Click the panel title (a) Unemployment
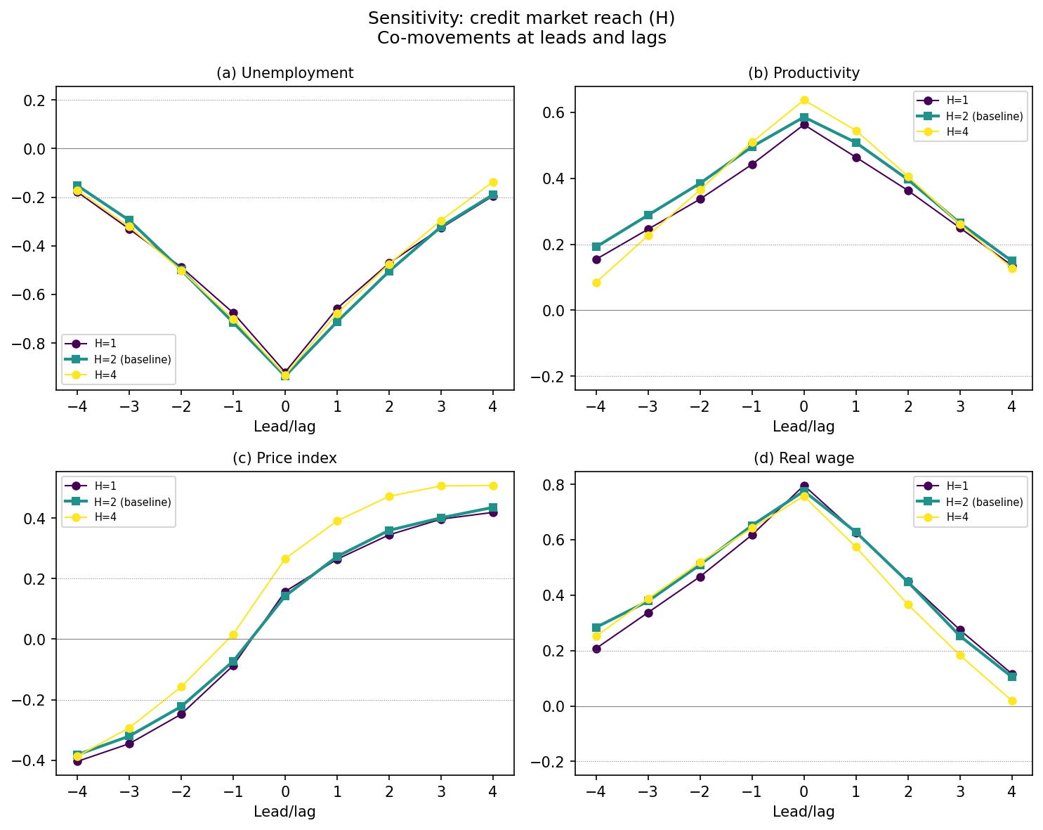pyautogui.click(x=284, y=73)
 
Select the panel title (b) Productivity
pyautogui.click(x=803, y=73)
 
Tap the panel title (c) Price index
pyautogui.click(x=284, y=458)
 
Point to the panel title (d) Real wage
pyautogui.click(x=803, y=458)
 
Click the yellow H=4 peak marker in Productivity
pyautogui.click(x=804, y=100)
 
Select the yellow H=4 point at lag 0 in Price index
pyautogui.click(x=285, y=559)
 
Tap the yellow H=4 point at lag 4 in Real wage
pyautogui.click(x=1012, y=701)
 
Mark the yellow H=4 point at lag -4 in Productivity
pyautogui.click(x=596, y=283)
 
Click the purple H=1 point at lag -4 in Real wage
pyautogui.click(x=596, y=649)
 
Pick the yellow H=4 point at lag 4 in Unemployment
pyautogui.click(x=493, y=182)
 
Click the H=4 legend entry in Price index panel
pyautogui.click(x=105, y=517)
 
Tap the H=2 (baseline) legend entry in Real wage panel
pyautogui.click(x=984, y=502)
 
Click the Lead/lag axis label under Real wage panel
pyautogui.click(x=803, y=812)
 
